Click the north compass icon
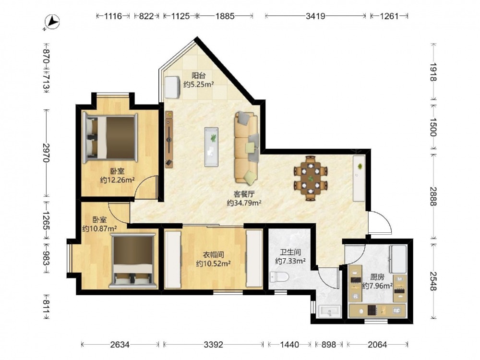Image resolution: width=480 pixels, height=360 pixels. click(52, 22)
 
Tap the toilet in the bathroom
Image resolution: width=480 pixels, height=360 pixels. click(279, 277)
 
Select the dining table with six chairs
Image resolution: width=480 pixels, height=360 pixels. click(311, 178)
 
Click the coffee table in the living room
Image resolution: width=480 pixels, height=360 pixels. click(211, 147)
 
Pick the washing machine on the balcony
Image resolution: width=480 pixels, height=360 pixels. click(172, 87)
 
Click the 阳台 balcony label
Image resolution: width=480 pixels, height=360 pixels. click(198, 75)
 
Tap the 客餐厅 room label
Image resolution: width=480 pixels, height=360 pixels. click(244, 194)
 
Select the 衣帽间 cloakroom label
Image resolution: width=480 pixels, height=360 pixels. click(214, 255)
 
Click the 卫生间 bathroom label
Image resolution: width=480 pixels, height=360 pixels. click(290, 252)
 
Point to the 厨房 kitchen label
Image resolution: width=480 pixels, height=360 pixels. click(377, 277)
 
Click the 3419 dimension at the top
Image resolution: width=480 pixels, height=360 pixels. click(315, 16)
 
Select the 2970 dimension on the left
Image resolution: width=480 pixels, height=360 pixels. click(47, 153)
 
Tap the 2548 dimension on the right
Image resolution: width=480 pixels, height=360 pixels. click(433, 281)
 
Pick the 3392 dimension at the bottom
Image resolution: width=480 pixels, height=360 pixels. click(214, 345)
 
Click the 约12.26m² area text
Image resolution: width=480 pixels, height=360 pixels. click(118, 180)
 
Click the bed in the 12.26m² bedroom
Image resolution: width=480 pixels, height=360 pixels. click(110, 138)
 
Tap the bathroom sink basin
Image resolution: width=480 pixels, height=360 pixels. click(329, 312)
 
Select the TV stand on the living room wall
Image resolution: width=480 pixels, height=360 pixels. click(169, 139)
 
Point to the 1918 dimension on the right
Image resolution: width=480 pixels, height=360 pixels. click(433, 72)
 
